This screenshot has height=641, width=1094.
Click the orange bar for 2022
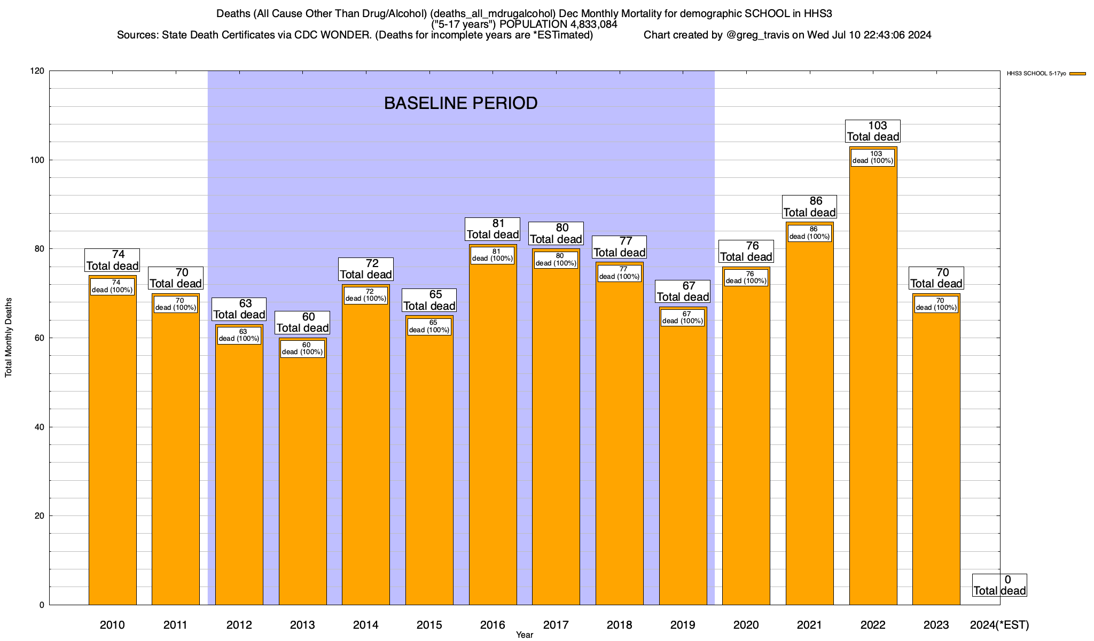873,385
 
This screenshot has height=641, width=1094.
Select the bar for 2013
302,481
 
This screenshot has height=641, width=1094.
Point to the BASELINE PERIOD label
460,103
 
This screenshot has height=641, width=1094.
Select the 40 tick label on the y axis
40,427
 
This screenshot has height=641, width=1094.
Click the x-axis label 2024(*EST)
999,625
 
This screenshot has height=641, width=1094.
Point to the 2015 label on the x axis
429,625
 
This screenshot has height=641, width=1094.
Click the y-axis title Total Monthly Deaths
9,338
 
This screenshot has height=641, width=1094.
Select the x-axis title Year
524,635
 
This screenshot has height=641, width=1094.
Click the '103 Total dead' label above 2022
873,131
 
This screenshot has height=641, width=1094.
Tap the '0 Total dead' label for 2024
999,585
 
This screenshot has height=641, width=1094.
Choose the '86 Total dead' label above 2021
809,207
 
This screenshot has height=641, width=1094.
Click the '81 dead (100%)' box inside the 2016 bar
493,255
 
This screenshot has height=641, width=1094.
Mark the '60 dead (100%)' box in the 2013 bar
302,349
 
